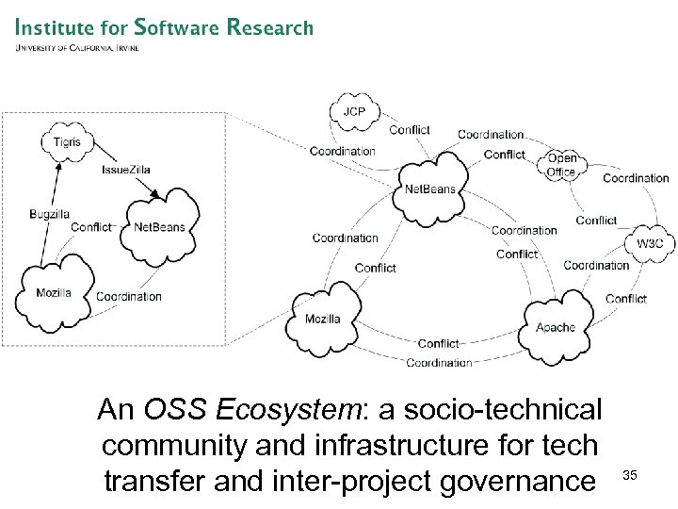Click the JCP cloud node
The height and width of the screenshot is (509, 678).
(354, 112)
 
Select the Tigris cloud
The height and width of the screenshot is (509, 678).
(67, 143)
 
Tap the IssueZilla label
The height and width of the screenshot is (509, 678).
(125, 170)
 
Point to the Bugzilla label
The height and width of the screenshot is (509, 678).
(49, 215)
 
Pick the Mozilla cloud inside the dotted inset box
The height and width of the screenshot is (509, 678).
(54, 292)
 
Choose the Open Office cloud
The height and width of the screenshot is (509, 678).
(562, 166)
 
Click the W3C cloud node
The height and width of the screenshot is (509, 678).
(651, 243)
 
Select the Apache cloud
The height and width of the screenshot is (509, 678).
(556, 327)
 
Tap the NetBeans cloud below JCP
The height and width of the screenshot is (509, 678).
(429, 189)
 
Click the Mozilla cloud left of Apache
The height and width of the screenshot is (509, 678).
(323, 319)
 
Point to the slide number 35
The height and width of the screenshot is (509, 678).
(630, 476)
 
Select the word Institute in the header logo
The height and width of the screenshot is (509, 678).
(56, 27)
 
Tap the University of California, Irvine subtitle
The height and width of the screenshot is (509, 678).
(77, 48)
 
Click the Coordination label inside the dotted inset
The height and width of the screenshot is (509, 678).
(129, 296)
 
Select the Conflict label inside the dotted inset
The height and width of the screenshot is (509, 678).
(90, 227)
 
